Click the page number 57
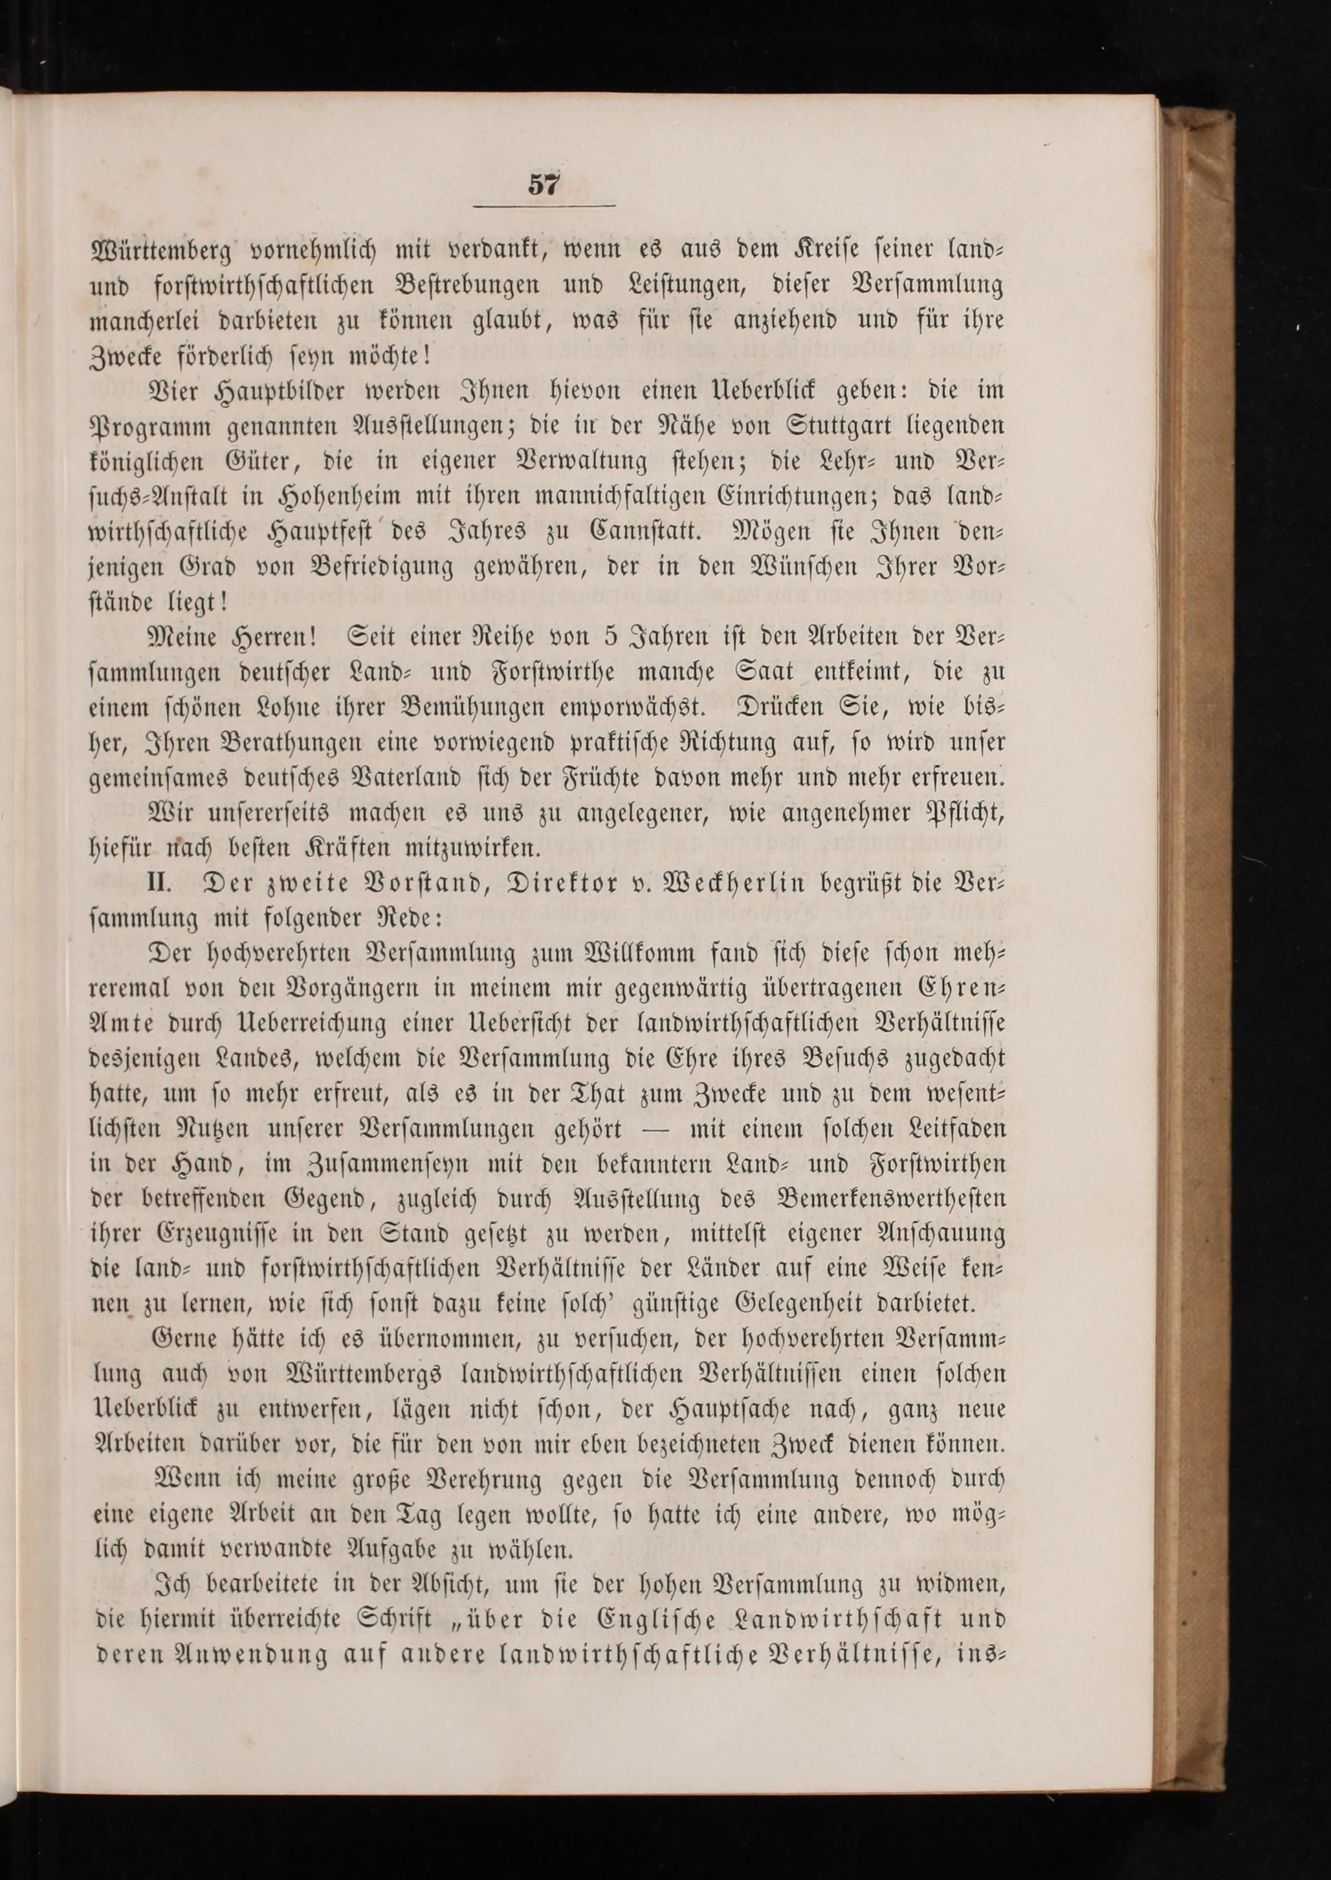click(544, 184)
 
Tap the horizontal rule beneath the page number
click(544, 206)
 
